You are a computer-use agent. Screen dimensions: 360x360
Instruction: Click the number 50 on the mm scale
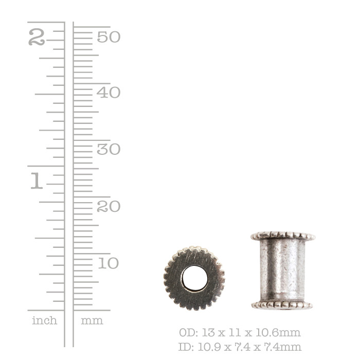109,37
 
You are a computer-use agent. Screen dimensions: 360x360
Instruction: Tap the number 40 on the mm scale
109,93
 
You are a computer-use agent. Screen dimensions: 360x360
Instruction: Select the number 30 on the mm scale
109,149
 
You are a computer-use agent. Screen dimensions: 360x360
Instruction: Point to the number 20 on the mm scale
109,206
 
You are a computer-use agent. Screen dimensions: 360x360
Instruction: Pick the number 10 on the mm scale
109,263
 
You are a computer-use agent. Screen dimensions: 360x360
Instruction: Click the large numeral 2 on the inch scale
37,37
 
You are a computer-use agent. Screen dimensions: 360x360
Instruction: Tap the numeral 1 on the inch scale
37,181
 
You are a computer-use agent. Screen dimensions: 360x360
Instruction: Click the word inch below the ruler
45,320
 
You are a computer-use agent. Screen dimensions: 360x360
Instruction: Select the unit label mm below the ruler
92,321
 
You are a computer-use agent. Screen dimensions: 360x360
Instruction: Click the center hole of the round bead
195,279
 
